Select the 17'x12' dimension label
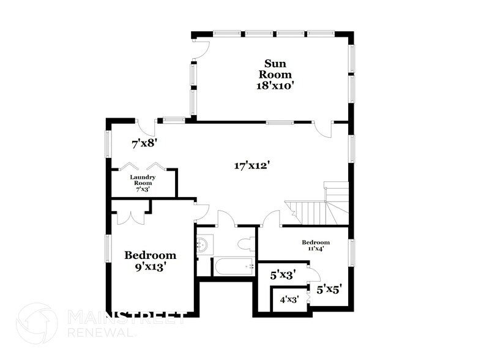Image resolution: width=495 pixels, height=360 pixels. coord(251,165)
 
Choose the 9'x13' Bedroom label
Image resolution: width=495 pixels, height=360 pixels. coord(151,261)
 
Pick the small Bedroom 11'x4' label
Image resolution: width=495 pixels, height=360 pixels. coord(316,246)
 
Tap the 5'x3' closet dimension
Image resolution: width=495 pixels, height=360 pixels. coord(283,276)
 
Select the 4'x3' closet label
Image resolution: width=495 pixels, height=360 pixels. coord(289,300)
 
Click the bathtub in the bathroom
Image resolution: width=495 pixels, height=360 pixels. coord(233,266)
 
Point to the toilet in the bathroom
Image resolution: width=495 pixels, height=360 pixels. coord(248,243)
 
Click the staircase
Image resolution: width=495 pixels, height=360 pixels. coord(318,205)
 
